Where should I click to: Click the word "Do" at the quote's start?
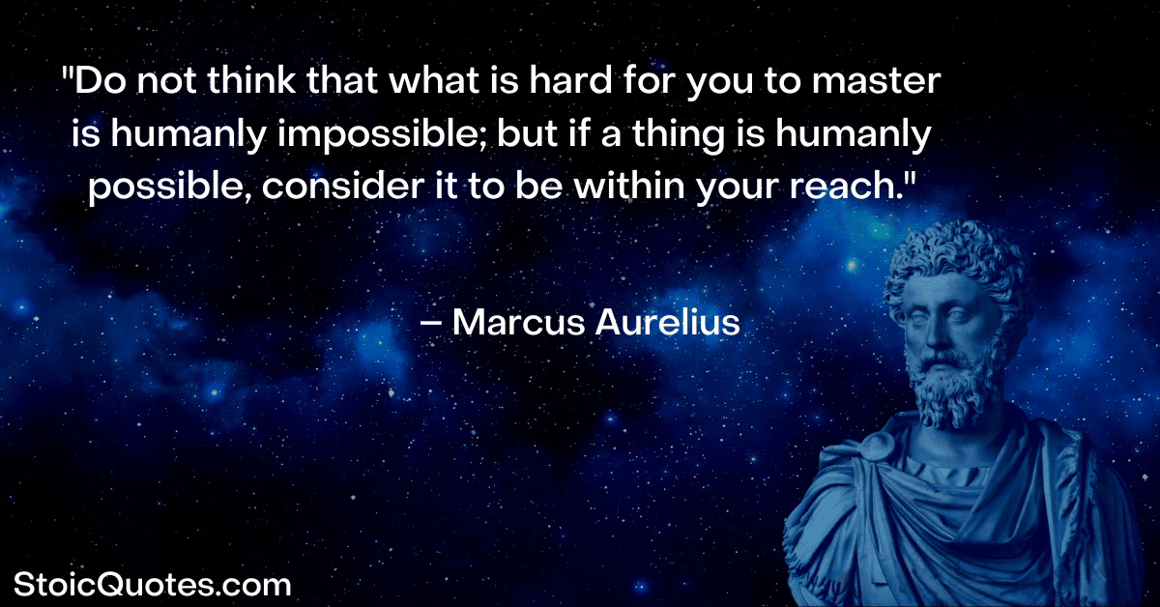point(101,81)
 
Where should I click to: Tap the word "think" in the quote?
point(251,80)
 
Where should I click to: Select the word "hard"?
point(570,80)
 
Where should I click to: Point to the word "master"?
point(876,82)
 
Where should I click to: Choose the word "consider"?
point(343,186)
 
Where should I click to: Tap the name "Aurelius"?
point(668,323)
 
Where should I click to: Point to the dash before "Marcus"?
point(431,324)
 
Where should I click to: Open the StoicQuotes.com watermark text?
point(153,585)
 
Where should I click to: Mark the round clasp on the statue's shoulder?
point(877,446)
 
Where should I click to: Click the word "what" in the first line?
point(434,80)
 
